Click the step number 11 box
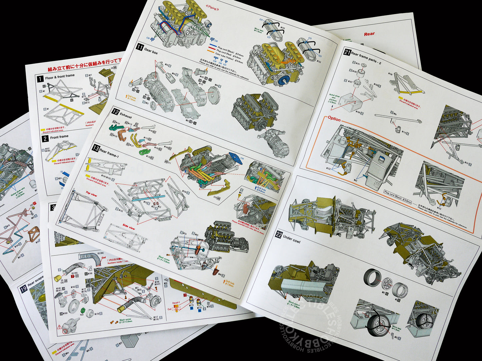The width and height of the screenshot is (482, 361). click(x=139, y=47)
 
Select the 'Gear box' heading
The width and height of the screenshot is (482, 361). click(x=151, y=51)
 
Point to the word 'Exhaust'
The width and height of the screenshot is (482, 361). click(x=126, y=116)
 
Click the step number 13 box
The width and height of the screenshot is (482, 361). click(x=96, y=149)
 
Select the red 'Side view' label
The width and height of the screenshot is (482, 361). click(x=129, y=227)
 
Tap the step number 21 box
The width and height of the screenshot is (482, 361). click(x=347, y=52)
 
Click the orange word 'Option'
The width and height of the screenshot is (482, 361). click(x=334, y=119)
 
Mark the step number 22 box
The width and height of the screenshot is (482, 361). click(x=279, y=235)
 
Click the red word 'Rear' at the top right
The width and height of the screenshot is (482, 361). click(x=369, y=34)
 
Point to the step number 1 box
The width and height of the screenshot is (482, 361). click(x=40, y=79)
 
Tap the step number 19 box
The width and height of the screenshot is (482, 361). click(x=24, y=289)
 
